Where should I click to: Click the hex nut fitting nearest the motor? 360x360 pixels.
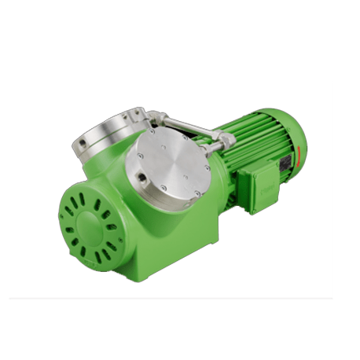point(227,141)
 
